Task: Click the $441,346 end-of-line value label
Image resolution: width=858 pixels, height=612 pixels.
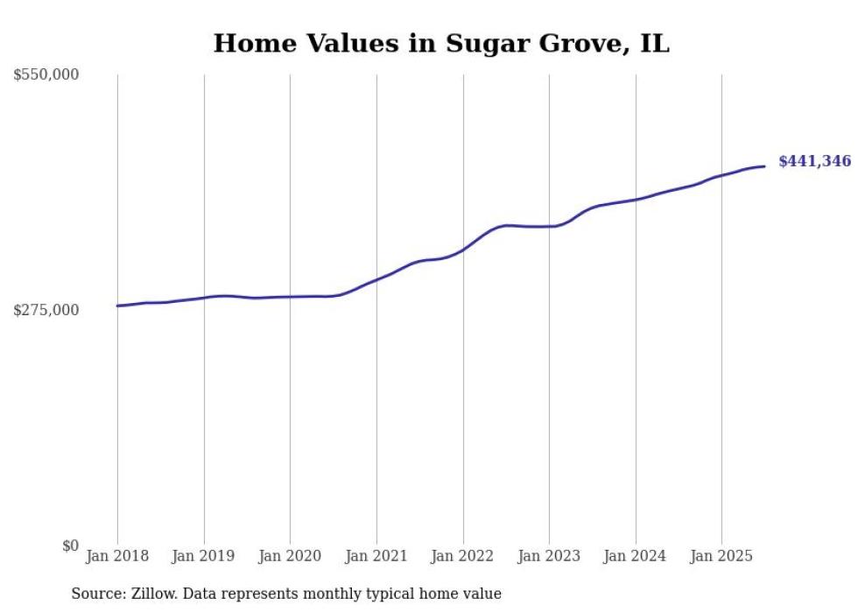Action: (x=814, y=161)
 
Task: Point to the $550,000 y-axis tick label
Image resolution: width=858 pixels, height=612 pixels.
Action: (x=46, y=75)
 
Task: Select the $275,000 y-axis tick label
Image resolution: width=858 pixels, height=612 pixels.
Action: (x=46, y=310)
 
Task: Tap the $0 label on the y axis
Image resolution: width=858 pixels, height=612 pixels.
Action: (x=70, y=545)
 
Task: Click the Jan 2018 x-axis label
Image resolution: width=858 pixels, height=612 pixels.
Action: (x=117, y=556)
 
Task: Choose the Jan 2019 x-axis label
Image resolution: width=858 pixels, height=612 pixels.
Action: (x=204, y=556)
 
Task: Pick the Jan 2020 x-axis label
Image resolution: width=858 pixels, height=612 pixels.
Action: (x=290, y=556)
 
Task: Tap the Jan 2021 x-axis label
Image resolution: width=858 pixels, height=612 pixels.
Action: (x=376, y=556)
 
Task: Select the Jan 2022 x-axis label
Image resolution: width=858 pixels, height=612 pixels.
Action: (x=463, y=556)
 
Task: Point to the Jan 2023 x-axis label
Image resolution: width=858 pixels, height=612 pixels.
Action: (x=549, y=556)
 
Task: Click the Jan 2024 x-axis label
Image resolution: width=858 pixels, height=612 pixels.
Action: (x=636, y=556)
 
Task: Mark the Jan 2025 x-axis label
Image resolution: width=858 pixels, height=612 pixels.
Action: (x=721, y=556)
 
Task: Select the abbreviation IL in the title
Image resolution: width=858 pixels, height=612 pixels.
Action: (x=654, y=44)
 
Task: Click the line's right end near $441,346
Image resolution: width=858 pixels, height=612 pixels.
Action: (x=764, y=166)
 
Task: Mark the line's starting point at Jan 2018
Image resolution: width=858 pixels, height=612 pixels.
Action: (x=117, y=306)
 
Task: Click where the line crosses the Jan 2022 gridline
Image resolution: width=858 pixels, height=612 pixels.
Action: (x=463, y=250)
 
